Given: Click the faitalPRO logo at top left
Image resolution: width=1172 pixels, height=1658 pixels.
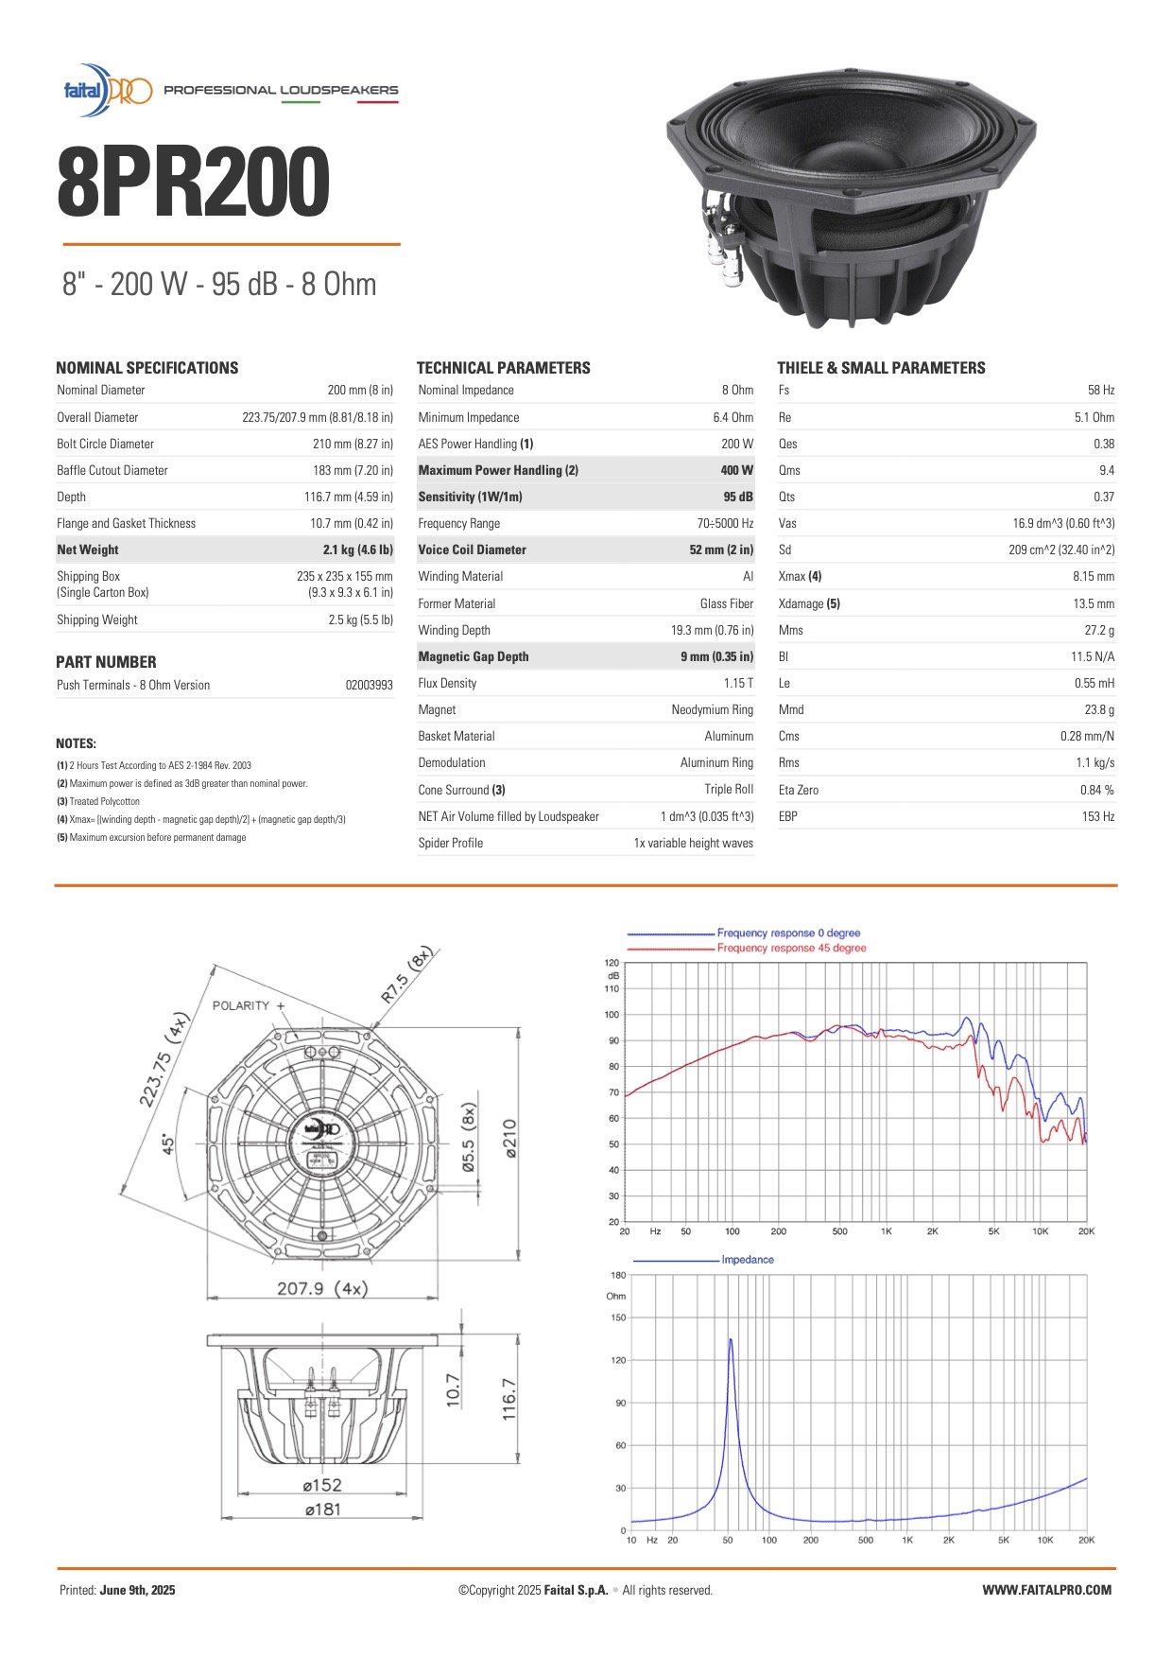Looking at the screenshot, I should coord(107,91).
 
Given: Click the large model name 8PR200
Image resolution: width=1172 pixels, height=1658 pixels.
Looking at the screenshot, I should coord(194,183).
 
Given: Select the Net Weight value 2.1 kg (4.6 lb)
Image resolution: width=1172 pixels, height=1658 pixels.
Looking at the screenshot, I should coord(357,550).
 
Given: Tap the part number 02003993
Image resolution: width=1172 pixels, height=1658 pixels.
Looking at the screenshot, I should coord(369,685).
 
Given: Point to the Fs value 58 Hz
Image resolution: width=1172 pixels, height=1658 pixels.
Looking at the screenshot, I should coord(1101,390).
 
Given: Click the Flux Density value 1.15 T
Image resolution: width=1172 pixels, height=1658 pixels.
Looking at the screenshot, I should coord(738,683).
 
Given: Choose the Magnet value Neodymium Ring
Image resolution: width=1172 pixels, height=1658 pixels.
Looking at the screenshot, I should coord(712,709).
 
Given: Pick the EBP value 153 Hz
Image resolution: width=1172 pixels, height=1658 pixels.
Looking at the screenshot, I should coord(1097,816).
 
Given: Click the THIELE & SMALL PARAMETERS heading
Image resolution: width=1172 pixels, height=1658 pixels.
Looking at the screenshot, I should coord(881,368).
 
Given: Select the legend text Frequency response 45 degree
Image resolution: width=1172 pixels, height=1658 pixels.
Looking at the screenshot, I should coord(791,948).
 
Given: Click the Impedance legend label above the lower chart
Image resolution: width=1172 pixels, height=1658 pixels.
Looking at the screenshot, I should coord(747,1260).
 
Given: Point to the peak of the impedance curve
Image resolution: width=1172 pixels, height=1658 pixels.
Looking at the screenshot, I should coord(730,1339).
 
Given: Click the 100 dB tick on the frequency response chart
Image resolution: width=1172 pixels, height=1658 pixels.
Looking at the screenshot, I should coord(612,1015).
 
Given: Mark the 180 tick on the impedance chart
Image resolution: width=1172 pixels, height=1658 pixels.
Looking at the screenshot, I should coord(617,1275).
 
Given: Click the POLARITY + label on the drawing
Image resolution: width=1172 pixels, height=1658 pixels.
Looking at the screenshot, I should coord(249,1005).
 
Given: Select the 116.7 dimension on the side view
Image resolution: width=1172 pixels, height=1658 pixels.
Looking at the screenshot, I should coord(508,1398).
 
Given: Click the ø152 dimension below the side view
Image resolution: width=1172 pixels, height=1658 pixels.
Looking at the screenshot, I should coord(322,1485).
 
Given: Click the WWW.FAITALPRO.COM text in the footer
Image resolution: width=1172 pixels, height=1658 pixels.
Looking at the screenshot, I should coord(1046,1590).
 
